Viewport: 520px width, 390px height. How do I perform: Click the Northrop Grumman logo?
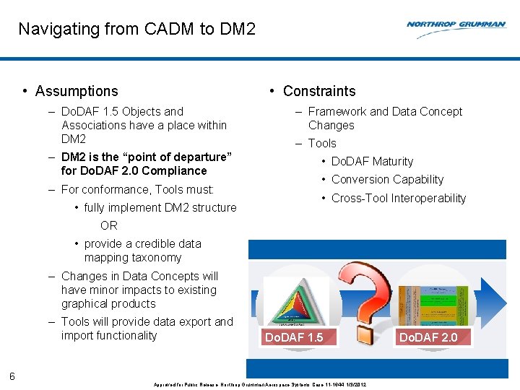456,25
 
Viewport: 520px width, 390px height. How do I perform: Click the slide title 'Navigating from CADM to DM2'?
136,30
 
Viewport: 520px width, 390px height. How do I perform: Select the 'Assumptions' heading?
76,91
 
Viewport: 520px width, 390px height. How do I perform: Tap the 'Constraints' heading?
318,91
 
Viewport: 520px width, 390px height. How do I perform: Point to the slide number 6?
12,376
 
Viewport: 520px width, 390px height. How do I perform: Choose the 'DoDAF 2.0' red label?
428,337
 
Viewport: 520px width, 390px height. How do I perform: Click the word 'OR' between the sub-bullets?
109,225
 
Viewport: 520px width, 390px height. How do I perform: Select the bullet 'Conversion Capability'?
387,180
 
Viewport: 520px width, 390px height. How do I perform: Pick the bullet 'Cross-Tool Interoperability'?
399,199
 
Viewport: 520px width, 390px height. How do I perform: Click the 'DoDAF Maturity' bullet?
372,162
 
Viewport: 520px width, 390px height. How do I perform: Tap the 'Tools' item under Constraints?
322,143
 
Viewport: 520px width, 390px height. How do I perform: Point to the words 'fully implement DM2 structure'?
160,208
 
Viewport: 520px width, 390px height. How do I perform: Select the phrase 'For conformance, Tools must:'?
137,190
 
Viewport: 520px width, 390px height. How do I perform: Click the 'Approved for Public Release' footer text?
184,385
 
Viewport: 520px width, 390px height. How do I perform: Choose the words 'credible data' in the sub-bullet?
168,244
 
